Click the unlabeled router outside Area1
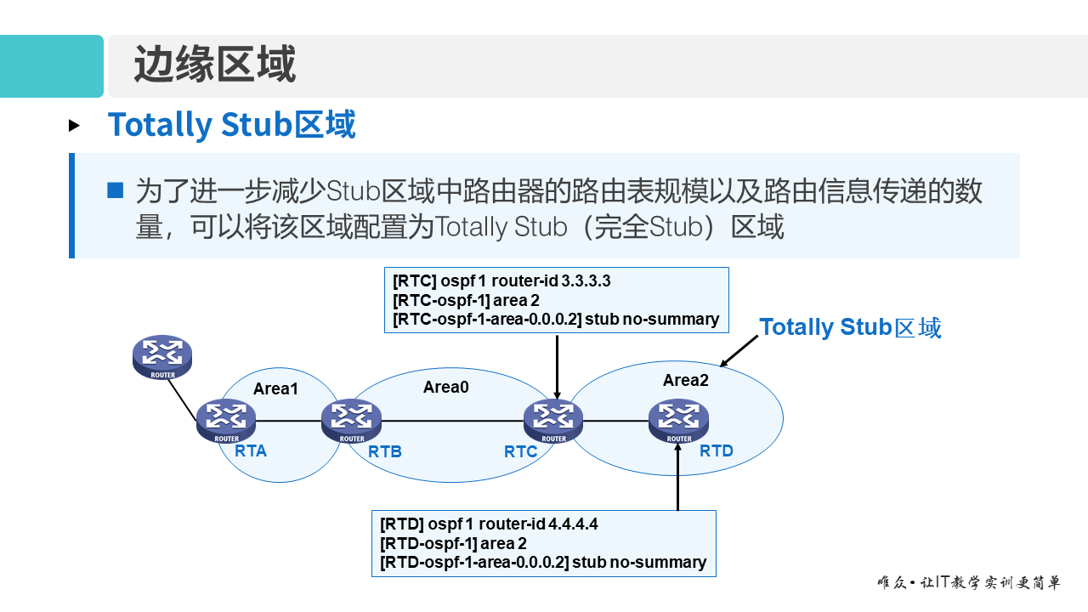pyautogui.click(x=163, y=356)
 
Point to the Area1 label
pyautogui.click(x=276, y=388)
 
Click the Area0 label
pyautogui.click(x=446, y=387)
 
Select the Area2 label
pyautogui.click(x=686, y=380)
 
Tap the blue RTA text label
pyautogui.click(x=251, y=451)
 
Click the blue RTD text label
pyautogui.click(x=717, y=451)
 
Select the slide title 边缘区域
pyautogui.click(x=215, y=65)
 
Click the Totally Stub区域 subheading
pyautogui.click(x=231, y=125)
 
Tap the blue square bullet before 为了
pyautogui.click(x=116, y=190)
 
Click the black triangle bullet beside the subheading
pyautogui.click(x=75, y=126)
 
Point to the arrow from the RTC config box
pyautogui.click(x=557, y=365)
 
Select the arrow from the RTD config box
pyautogui.click(x=678, y=476)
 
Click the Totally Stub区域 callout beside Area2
pyautogui.click(x=850, y=327)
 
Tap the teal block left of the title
pyautogui.click(x=51, y=66)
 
